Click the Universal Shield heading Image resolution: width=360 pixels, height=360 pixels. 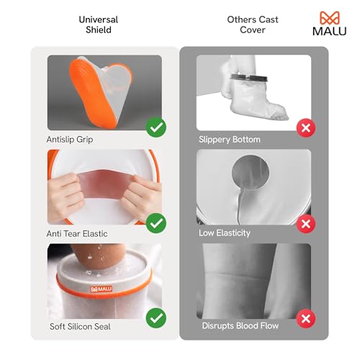point(98,25)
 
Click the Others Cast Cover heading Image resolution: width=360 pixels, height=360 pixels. point(253,25)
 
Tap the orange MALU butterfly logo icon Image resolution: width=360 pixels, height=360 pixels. point(328,17)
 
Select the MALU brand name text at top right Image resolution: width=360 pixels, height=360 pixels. point(328,31)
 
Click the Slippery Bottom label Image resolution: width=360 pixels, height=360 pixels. point(230,138)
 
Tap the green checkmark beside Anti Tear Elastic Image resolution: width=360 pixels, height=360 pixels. point(156,224)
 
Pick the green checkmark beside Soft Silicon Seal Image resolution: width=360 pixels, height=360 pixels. point(156,318)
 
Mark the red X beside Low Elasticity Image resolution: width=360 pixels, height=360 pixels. point(306,224)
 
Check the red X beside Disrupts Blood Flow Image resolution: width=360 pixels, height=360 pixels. point(306,318)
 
